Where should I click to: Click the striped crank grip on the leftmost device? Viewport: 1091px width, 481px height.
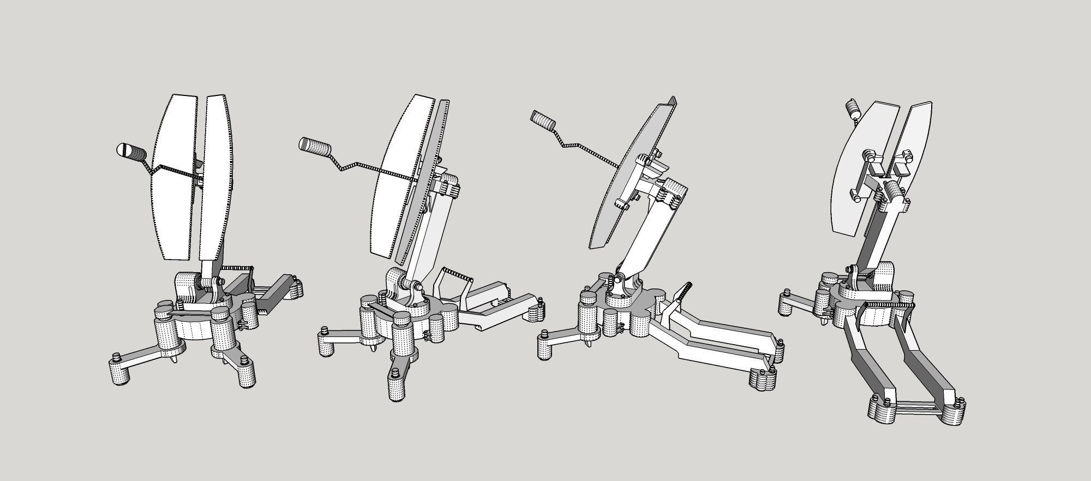(x=131, y=151)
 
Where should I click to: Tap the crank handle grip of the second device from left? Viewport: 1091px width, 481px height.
(x=316, y=147)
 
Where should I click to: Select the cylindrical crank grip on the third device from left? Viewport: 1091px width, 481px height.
(x=544, y=120)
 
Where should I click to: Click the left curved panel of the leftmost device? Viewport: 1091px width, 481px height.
(x=173, y=175)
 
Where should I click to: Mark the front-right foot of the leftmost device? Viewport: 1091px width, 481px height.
(x=245, y=374)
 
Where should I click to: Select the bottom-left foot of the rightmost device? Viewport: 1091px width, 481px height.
(x=880, y=409)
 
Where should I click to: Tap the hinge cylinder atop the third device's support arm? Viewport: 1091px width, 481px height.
(x=672, y=193)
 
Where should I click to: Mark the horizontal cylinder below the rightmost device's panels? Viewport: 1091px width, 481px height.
(x=892, y=193)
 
